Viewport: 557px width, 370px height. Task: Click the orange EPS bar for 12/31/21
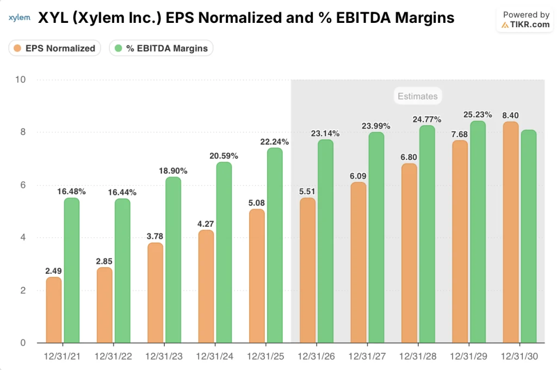54,310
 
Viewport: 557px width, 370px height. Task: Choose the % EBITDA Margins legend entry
161,48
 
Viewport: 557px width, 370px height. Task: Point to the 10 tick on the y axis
20,80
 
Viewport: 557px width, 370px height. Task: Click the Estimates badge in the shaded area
417,96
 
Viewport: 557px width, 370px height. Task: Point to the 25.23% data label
478,115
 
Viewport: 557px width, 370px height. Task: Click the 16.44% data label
122,192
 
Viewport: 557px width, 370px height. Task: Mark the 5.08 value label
257,203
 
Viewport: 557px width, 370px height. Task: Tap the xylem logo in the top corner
20,18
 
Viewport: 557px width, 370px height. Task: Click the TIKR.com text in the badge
526,24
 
